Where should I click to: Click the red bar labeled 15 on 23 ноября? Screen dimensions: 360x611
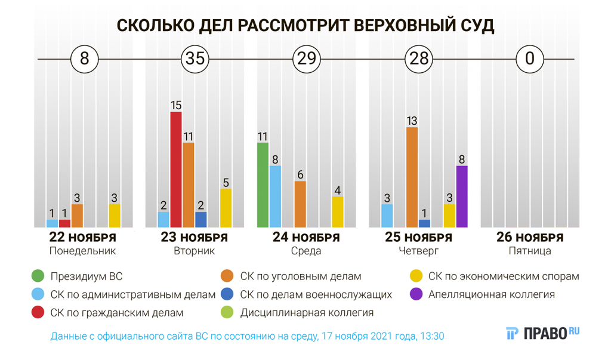pyautogui.click(x=176, y=170)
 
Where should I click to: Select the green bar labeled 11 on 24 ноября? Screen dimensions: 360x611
pyautogui.click(x=263, y=185)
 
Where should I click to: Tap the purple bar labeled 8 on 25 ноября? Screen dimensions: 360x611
pyautogui.click(x=462, y=196)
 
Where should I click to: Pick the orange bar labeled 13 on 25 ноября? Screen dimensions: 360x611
pyautogui.click(x=412, y=177)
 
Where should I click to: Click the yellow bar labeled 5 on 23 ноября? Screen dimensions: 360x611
pyautogui.click(x=226, y=208)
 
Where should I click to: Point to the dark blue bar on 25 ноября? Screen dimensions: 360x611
pyautogui.click(x=424, y=223)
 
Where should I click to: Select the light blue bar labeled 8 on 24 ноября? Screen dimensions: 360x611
pyautogui.click(x=275, y=196)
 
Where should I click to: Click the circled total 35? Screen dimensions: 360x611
pyautogui.click(x=195, y=59)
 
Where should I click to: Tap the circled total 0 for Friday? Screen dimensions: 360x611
pyautogui.click(x=529, y=59)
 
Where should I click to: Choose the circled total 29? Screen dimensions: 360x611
pyautogui.click(x=306, y=59)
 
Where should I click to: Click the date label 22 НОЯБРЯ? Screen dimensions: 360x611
pyautogui.click(x=82, y=238)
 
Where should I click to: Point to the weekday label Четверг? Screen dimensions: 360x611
pyautogui.click(x=418, y=251)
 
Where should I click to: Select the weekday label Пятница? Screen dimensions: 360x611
pyautogui.click(x=530, y=251)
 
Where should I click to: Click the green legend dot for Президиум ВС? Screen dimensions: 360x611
pyautogui.click(x=39, y=276)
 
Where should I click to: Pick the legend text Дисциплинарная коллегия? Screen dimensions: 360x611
pyautogui.click(x=307, y=312)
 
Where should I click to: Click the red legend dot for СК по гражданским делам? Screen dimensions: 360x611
pyautogui.click(x=39, y=312)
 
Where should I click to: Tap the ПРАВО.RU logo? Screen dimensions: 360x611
pyautogui.click(x=543, y=333)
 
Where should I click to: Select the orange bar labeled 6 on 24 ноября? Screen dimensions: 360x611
pyautogui.click(x=300, y=204)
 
